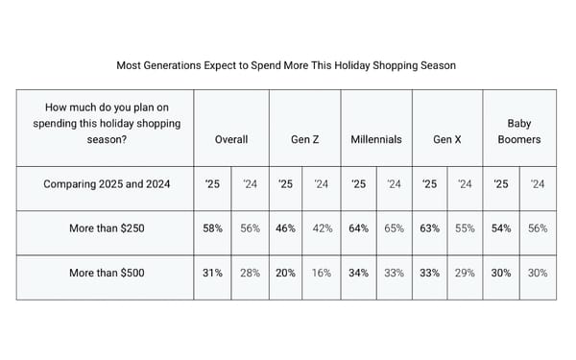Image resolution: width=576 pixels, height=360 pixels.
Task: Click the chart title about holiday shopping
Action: click(x=286, y=66)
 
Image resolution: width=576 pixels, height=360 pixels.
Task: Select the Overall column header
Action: click(x=231, y=139)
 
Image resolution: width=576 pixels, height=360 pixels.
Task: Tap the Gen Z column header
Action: click(x=304, y=139)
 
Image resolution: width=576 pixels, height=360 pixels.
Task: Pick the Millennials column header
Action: click(x=376, y=139)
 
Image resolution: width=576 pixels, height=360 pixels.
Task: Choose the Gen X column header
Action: click(x=447, y=139)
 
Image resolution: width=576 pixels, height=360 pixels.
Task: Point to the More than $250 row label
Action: click(x=107, y=228)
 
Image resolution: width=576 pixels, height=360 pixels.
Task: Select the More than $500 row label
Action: click(x=107, y=273)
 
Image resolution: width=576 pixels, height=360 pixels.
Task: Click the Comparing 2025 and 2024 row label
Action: click(x=106, y=184)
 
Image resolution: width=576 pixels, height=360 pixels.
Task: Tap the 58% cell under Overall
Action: click(x=213, y=228)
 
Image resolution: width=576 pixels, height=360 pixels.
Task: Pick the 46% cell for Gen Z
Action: click(x=286, y=228)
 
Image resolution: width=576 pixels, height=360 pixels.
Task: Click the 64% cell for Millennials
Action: click(x=358, y=228)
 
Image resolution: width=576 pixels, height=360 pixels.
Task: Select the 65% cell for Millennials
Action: click(x=394, y=228)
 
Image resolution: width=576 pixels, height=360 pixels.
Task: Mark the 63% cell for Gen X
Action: click(x=430, y=228)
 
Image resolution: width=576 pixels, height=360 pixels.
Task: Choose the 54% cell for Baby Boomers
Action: click(x=501, y=228)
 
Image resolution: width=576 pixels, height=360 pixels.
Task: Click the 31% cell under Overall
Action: click(x=213, y=273)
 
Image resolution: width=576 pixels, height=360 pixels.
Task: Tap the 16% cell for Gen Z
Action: click(x=322, y=273)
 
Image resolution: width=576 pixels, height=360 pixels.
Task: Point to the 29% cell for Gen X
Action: click(x=466, y=273)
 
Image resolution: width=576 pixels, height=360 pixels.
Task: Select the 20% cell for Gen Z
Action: click(x=286, y=273)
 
